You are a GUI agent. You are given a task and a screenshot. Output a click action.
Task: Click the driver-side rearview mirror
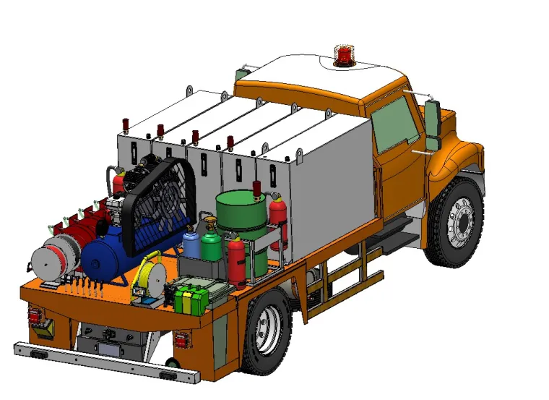click(432, 126)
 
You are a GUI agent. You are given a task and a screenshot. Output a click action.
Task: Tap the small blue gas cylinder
click(191, 244)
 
